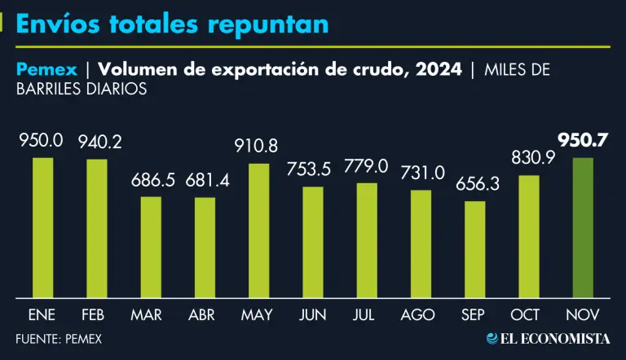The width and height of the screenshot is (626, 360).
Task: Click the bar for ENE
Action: point(42,227)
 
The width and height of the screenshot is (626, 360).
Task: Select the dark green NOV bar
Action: point(583,227)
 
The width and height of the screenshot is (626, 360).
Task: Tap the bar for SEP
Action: point(475,249)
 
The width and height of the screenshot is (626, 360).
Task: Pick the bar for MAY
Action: point(259,230)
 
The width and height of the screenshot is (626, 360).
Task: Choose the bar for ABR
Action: point(205,248)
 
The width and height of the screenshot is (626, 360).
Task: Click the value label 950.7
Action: point(583,140)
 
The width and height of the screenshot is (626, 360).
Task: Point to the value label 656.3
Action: point(475,184)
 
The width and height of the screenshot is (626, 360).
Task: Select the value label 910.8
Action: point(259,147)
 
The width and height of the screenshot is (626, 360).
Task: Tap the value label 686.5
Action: point(151,180)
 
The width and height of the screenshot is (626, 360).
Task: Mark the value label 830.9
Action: point(529,158)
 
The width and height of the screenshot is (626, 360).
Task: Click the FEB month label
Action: point(97,314)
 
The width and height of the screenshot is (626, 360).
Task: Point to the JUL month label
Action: point(367,314)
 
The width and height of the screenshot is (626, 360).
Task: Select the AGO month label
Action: point(421,314)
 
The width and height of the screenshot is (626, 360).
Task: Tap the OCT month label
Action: point(529,314)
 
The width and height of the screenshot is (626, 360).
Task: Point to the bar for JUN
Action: point(313,242)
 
